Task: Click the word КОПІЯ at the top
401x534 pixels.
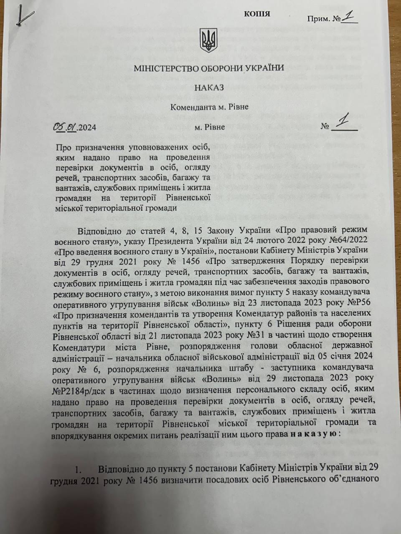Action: pyautogui.click(x=257, y=14)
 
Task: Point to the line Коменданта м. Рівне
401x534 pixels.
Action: pyautogui.click(x=209, y=107)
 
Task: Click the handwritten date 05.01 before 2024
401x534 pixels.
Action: pyautogui.click(x=65, y=127)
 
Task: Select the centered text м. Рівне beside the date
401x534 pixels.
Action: pyautogui.click(x=209, y=127)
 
